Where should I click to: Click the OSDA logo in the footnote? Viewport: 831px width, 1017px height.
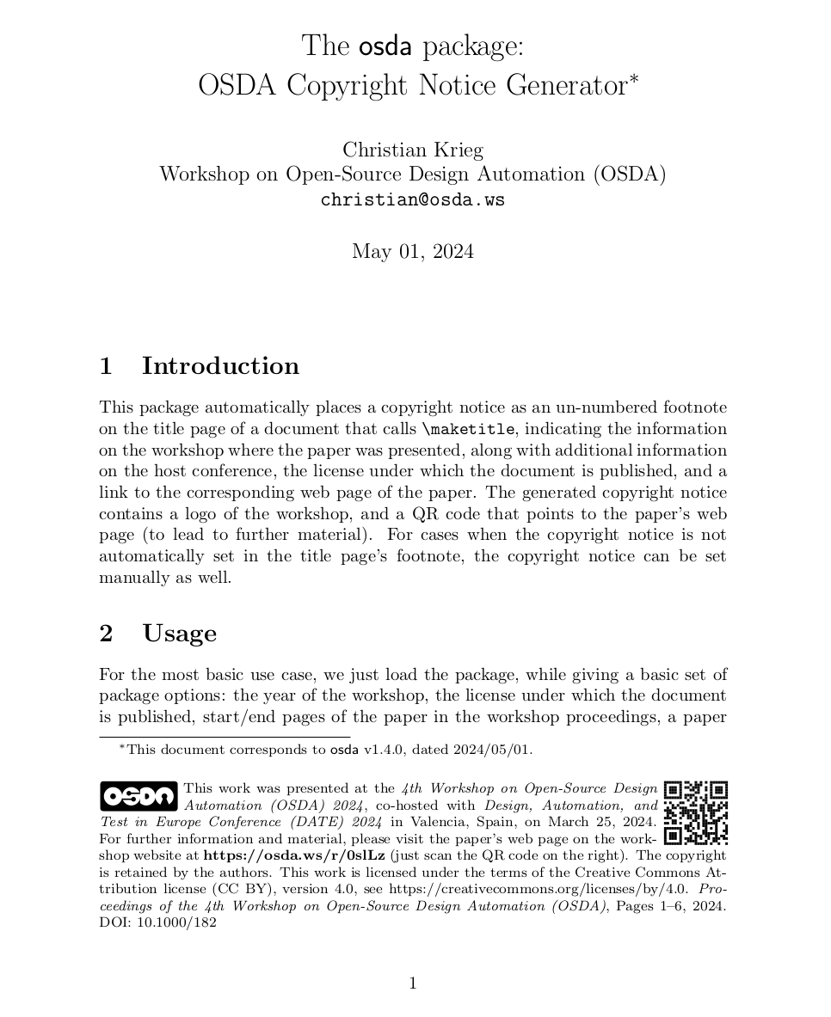pyautogui.click(x=138, y=796)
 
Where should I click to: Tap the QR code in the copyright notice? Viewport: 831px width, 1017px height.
pyautogui.click(x=696, y=812)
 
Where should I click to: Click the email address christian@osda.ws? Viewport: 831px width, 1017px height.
pyautogui.click(x=412, y=200)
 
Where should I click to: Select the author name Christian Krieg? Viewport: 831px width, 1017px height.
pyautogui.click(x=413, y=150)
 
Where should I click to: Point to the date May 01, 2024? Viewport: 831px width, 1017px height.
pyautogui.click(x=412, y=251)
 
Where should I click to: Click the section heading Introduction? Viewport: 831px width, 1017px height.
pyautogui.click(x=220, y=365)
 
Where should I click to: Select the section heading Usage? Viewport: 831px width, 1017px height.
pyautogui.click(x=179, y=634)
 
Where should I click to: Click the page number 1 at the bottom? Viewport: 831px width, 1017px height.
pyautogui.click(x=413, y=983)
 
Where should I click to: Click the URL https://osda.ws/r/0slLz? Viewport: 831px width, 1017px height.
pyautogui.click(x=293, y=855)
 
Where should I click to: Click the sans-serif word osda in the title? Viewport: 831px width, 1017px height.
pyautogui.click(x=385, y=46)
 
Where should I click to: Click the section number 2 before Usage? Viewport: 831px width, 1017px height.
pyautogui.click(x=106, y=634)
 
